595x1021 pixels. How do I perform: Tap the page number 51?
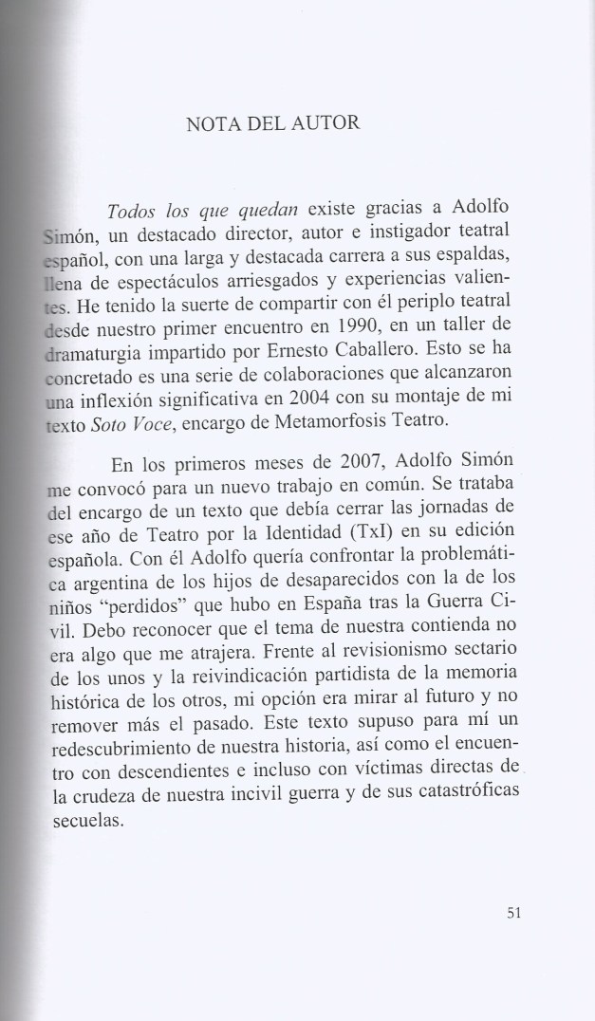pos(515,914)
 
